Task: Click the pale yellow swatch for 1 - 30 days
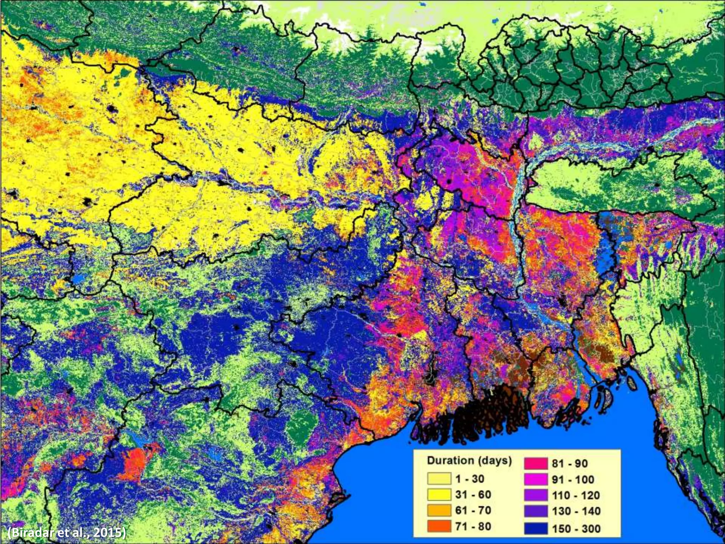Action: (439, 479)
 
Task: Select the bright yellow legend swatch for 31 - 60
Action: (439, 495)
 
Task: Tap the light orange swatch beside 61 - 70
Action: (439, 510)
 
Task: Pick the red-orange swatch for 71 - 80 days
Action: (439, 526)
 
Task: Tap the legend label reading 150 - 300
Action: (576, 529)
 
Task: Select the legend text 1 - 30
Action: (470, 479)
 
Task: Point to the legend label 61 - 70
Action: (473, 510)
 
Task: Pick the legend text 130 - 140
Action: (576, 511)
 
